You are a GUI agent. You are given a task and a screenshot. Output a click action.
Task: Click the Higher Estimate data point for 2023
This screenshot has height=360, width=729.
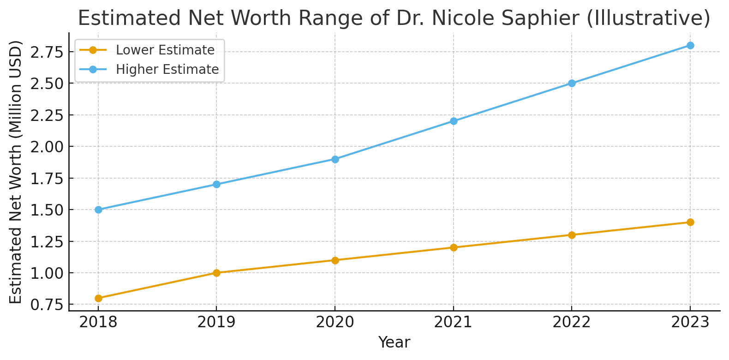click(690, 45)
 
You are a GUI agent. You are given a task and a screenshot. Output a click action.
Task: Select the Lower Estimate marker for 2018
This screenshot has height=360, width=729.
click(98, 298)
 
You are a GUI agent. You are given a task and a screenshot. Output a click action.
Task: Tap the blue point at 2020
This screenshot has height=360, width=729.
click(335, 159)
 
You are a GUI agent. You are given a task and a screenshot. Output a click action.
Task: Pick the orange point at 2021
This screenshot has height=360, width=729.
click(454, 247)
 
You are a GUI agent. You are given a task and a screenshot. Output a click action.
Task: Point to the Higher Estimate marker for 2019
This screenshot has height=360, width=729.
click(216, 184)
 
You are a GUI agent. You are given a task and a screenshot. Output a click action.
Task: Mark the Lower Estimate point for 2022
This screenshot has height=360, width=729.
click(572, 235)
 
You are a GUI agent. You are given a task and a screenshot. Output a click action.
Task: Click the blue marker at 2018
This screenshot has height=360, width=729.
click(98, 210)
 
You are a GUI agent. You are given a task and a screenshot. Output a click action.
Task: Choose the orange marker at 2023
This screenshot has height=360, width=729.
click(690, 222)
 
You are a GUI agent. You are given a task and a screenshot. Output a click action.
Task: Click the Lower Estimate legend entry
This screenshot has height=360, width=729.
click(165, 50)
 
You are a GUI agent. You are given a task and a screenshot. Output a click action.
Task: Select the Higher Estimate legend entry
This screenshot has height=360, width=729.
click(167, 69)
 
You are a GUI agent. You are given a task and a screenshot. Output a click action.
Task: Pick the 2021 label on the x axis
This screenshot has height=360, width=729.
click(454, 322)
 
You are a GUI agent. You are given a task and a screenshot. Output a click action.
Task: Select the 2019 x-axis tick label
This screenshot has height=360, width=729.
click(216, 322)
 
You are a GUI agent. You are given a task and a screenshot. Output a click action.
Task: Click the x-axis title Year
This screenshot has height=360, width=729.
click(394, 342)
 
